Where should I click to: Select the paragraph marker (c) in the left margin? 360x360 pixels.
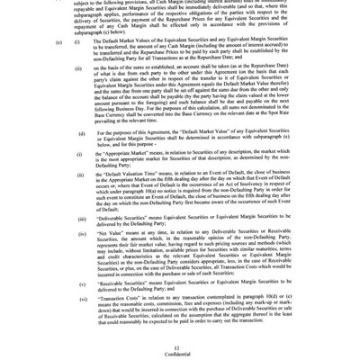tap(58, 42)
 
